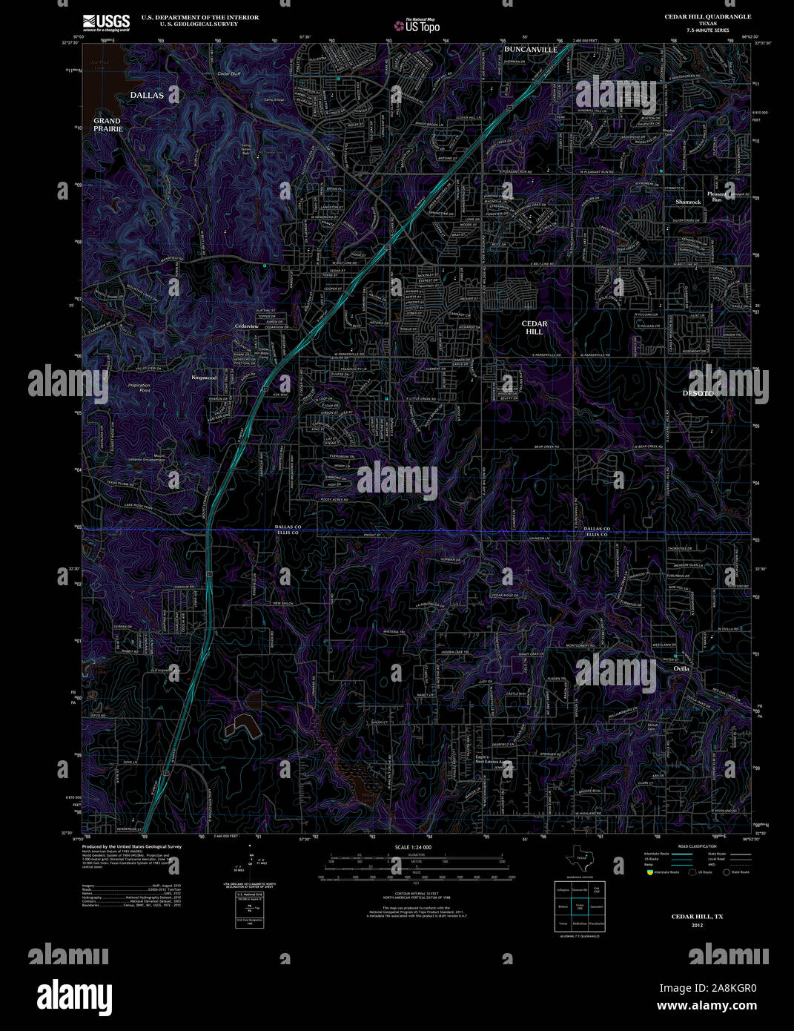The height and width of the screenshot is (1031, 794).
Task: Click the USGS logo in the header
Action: pos(106,22)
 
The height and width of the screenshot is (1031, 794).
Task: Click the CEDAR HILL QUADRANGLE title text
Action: pos(707,16)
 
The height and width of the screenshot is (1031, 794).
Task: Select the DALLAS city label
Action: pos(147,95)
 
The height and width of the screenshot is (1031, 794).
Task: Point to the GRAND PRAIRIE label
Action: pos(107,125)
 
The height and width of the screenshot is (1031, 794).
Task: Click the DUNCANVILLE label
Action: pos(530,50)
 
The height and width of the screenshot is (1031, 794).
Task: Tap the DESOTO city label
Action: pos(698,393)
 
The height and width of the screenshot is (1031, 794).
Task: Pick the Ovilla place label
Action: pos(681,668)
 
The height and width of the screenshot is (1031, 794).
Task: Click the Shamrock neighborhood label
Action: pos(688,202)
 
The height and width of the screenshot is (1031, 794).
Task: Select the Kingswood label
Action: pos(204,378)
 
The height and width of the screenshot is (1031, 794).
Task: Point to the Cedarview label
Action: pos(247,326)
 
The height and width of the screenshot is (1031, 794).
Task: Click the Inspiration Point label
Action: pos(139,388)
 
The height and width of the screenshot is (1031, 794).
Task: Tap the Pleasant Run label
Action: pos(717,197)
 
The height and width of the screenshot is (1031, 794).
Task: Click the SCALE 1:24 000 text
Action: pos(413,847)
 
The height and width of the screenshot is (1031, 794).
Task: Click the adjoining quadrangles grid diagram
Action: pos(580,906)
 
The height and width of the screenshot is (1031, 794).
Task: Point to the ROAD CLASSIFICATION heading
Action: pos(697,846)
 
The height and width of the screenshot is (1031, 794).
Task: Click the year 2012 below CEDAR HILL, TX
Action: pos(697,925)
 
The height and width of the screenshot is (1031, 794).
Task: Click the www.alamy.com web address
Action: pos(707,1006)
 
